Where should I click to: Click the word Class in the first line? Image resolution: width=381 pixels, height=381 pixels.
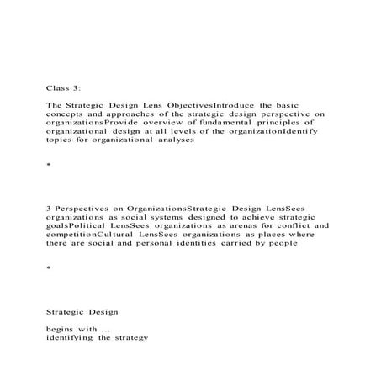click(x=57, y=87)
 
